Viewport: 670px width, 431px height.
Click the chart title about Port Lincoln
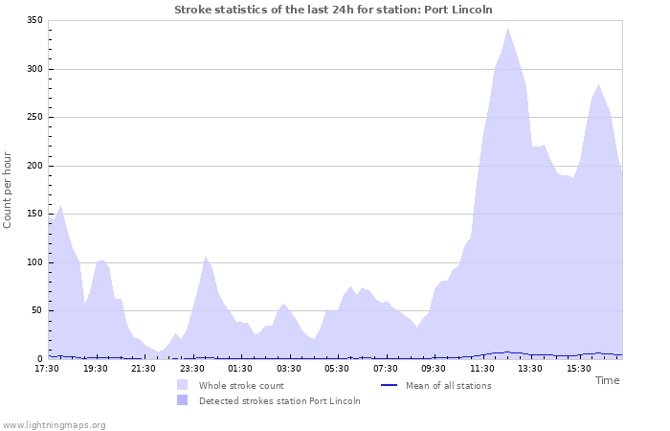[333, 10]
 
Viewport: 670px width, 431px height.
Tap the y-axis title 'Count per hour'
[9, 189]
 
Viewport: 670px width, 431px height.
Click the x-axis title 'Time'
[607, 380]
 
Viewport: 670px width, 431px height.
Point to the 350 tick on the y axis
[33, 21]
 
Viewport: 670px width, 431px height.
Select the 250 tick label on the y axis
[33, 118]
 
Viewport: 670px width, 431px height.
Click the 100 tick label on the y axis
[33, 262]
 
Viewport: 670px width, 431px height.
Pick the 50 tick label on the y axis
[36, 310]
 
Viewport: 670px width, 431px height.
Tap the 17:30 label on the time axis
[48, 368]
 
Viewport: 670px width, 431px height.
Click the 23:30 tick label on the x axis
[192, 368]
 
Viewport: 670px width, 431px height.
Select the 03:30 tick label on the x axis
[289, 368]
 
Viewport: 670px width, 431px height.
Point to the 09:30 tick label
[434, 368]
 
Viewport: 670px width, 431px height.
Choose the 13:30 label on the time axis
[530, 368]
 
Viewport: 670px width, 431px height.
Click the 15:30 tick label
[578, 368]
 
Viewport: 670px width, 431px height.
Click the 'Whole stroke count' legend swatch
[183, 385]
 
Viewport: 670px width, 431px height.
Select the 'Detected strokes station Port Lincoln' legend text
[279, 400]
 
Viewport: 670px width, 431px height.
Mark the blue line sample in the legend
[389, 385]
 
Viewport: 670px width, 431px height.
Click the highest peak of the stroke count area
[508, 28]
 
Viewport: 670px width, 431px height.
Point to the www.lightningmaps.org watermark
[55, 424]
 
